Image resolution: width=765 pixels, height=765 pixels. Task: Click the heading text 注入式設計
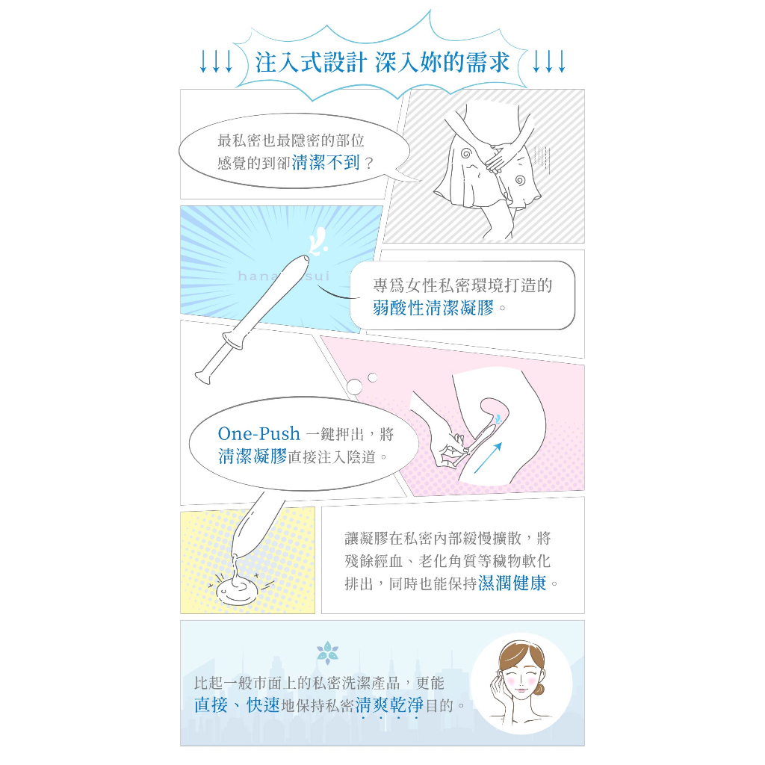tap(311, 63)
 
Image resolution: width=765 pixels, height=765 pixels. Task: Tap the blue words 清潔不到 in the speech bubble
tap(326, 162)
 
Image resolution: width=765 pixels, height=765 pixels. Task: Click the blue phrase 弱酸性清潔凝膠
tap(433, 308)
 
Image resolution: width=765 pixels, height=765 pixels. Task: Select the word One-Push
tap(258, 433)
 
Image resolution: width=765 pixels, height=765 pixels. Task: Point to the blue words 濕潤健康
tap(512, 583)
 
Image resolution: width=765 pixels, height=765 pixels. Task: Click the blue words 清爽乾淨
tap(389, 705)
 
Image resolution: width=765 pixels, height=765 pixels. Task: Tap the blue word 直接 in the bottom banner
tap(211, 705)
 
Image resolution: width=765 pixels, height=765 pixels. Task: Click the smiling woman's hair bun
tap(539, 689)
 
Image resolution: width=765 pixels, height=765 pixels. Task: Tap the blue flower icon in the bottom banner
tap(327, 653)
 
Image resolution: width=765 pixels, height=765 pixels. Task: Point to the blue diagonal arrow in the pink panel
tap(488, 458)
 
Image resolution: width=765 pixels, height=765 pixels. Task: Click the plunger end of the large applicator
tap(203, 377)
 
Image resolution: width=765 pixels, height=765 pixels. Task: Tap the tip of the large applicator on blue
tap(306, 259)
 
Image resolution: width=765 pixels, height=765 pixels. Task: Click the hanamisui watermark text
tap(284, 276)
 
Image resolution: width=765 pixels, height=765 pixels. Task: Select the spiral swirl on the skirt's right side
tap(520, 181)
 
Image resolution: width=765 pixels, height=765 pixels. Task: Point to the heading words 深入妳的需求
tap(442, 63)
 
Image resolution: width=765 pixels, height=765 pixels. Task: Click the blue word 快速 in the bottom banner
tap(264, 705)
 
